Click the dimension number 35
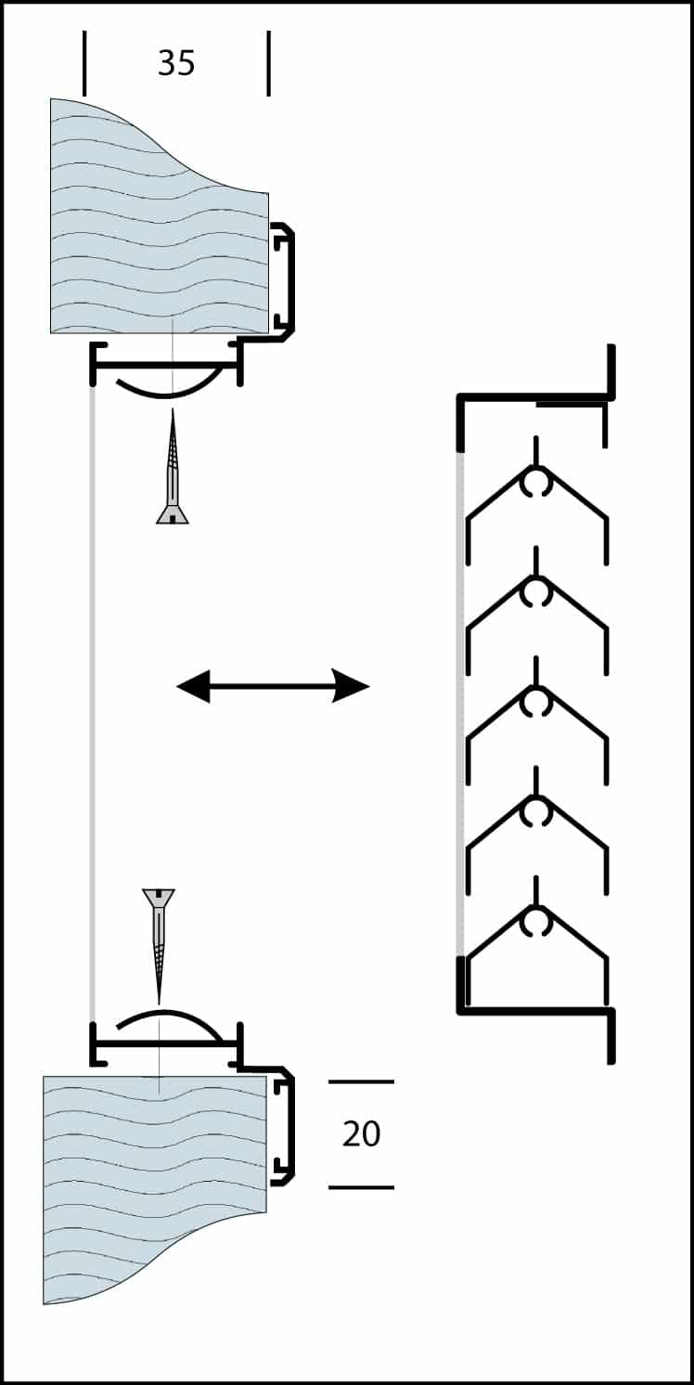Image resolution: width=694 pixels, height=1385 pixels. click(x=176, y=63)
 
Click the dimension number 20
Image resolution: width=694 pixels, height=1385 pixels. click(x=361, y=1133)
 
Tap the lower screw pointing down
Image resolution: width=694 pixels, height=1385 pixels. click(x=159, y=938)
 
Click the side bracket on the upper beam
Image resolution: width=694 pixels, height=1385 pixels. click(x=284, y=278)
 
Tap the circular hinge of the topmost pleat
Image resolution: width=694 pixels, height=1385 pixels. click(x=536, y=483)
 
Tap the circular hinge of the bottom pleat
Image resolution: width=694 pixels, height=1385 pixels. click(x=536, y=922)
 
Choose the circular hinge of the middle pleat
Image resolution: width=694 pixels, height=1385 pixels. click(x=536, y=703)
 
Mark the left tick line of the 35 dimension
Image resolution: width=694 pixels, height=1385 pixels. click(x=84, y=63)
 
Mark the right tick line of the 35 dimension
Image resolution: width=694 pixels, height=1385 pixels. click(x=269, y=63)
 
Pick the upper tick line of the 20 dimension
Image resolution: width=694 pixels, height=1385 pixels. click(x=361, y=1081)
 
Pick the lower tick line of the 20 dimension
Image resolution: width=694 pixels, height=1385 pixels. click(x=361, y=1187)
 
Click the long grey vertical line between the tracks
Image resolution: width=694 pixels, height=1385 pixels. click(x=92, y=696)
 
